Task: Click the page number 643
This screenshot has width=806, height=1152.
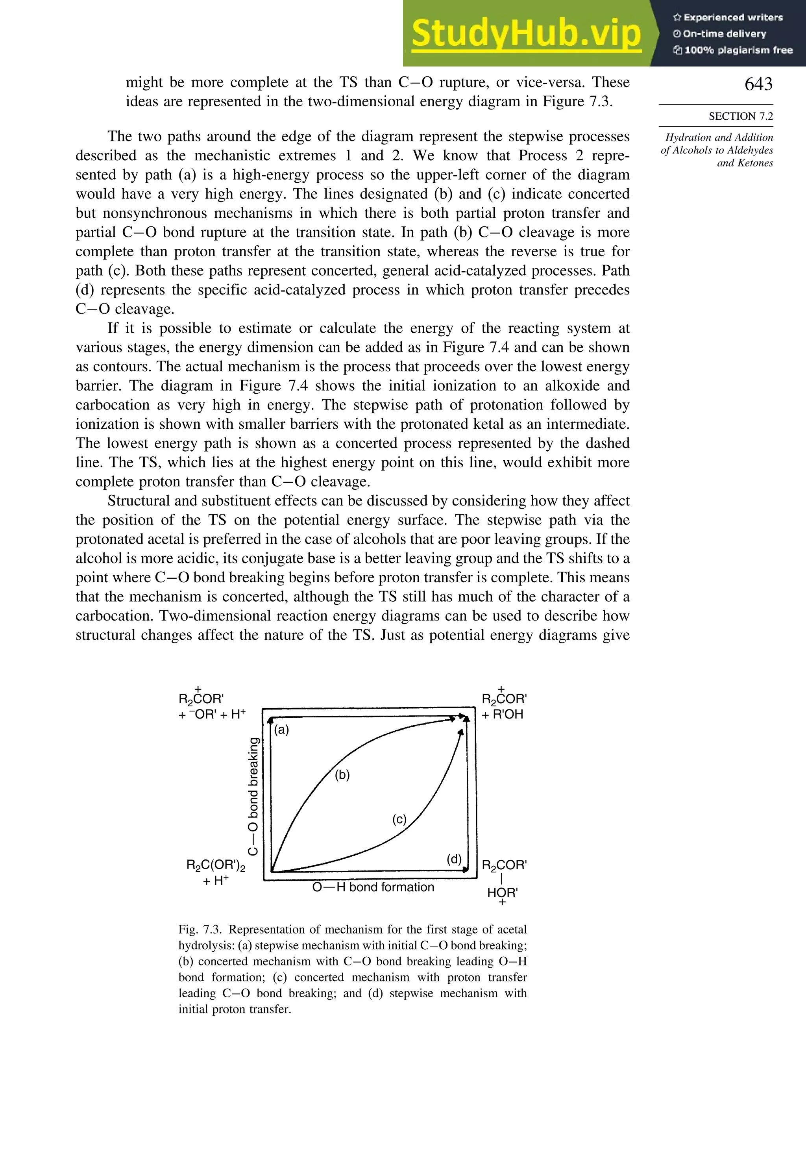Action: coord(758,84)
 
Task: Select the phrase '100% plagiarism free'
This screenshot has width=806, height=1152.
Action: coord(738,50)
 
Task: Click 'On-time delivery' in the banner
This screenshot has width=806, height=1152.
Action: coord(724,33)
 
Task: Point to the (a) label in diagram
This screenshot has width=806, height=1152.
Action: coord(282,730)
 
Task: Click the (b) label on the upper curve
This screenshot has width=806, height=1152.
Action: coord(342,775)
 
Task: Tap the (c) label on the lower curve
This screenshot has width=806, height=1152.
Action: coord(399,819)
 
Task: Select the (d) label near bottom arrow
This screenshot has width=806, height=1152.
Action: coord(454,859)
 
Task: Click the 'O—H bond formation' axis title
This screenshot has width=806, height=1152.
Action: coord(373,887)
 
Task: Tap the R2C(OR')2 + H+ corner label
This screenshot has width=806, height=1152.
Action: coord(216,872)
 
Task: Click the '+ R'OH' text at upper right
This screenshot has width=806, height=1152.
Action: coord(503,715)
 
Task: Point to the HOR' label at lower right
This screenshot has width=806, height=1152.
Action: coord(502,893)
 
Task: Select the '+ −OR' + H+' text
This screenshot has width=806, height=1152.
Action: coord(212,715)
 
